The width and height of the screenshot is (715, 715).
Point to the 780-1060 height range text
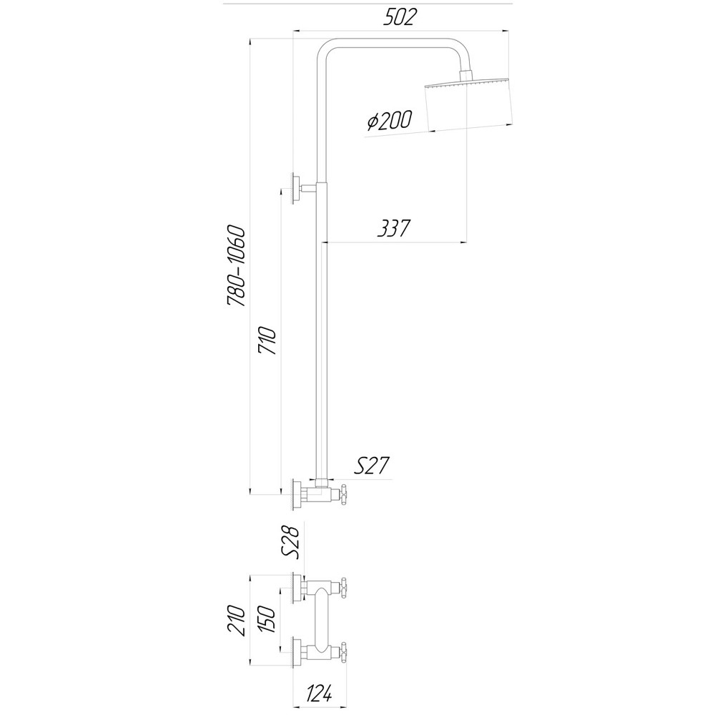pos(237,266)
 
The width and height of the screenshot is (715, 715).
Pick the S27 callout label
pos(371,466)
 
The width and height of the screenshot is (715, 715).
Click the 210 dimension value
pos(237,620)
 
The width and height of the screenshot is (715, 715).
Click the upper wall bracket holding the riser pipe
pos(296,188)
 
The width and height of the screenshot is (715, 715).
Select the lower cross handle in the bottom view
pos(345,651)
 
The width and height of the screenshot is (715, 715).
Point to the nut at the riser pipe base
pos(322,481)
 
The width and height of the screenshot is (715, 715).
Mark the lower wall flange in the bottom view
pos(296,651)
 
